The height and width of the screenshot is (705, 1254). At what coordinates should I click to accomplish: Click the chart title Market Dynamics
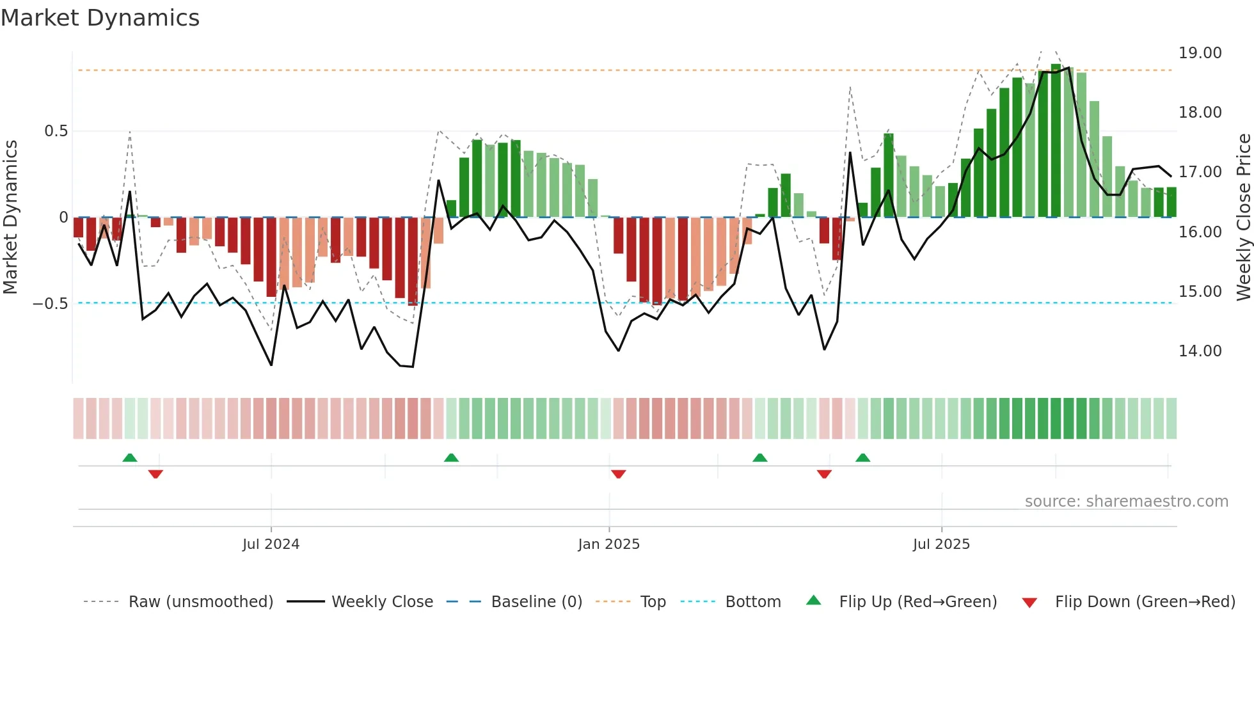(x=100, y=18)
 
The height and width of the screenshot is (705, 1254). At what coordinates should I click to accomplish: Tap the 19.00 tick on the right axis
(x=1200, y=53)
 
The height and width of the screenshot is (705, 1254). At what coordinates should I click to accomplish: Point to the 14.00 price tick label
(x=1200, y=351)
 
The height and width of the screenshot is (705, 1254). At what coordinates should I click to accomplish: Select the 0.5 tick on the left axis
(x=56, y=131)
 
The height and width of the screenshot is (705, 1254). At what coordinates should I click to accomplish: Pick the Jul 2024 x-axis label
(x=271, y=544)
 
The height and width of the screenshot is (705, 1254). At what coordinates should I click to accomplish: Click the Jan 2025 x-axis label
(x=608, y=544)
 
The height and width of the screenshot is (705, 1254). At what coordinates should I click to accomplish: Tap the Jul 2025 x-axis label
(x=941, y=544)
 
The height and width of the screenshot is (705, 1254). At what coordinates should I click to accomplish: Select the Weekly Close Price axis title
(x=1243, y=218)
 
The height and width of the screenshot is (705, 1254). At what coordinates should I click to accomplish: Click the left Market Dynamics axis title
(x=10, y=218)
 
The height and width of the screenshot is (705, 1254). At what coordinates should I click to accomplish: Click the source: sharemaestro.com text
(x=1126, y=502)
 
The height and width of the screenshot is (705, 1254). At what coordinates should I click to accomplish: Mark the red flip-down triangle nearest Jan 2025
(x=618, y=474)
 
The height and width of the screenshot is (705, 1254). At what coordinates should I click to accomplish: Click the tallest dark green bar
(x=1056, y=141)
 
